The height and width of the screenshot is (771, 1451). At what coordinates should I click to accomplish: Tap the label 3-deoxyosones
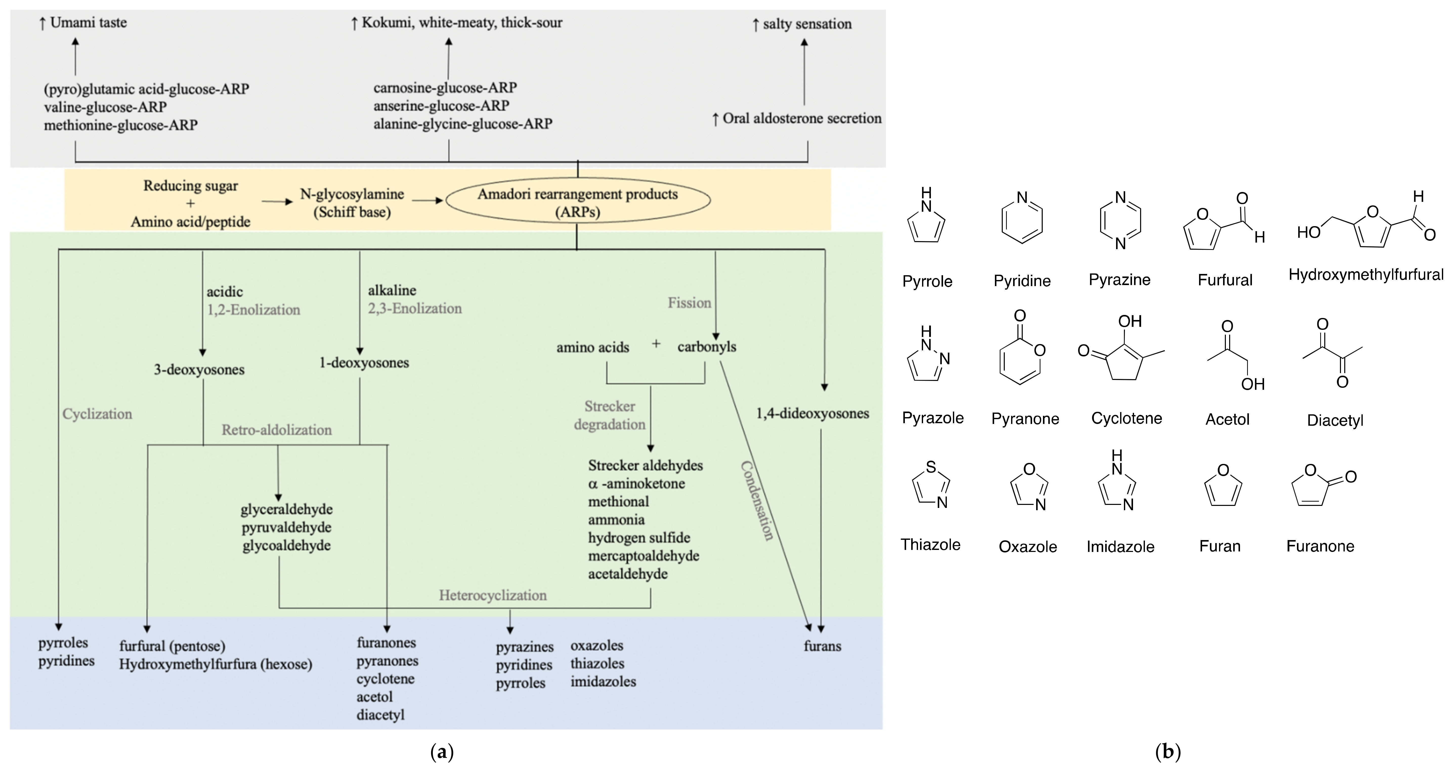[x=199, y=370]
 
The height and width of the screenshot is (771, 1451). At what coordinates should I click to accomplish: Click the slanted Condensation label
[x=756, y=501]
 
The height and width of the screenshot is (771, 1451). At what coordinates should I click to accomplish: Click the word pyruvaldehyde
[x=287, y=528]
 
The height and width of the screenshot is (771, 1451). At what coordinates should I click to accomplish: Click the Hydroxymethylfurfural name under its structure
[x=1366, y=275]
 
